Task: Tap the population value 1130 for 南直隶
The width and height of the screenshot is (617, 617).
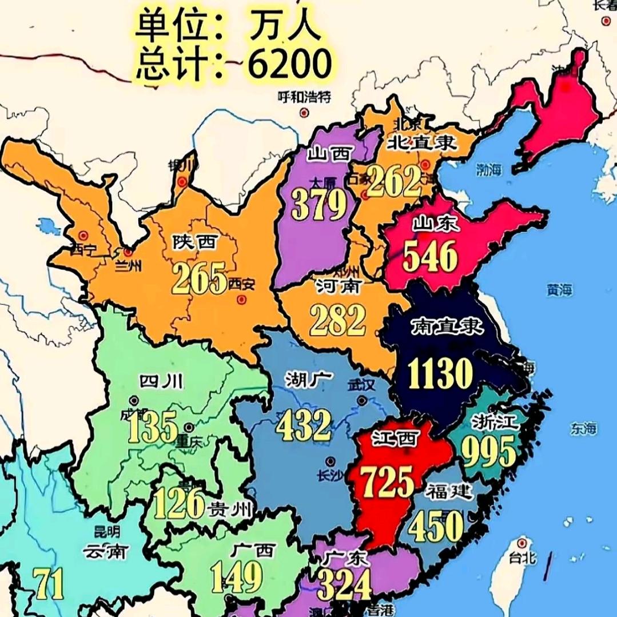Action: tap(440, 374)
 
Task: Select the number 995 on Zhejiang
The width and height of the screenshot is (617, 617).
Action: tap(488, 452)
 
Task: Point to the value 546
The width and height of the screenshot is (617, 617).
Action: tap(430, 256)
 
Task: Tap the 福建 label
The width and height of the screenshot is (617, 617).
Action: tap(449, 491)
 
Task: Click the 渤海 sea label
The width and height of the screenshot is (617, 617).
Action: tap(491, 169)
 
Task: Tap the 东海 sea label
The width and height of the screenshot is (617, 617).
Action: tap(583, 428)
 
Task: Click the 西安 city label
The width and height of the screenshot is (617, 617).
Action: tap(241, 283)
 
